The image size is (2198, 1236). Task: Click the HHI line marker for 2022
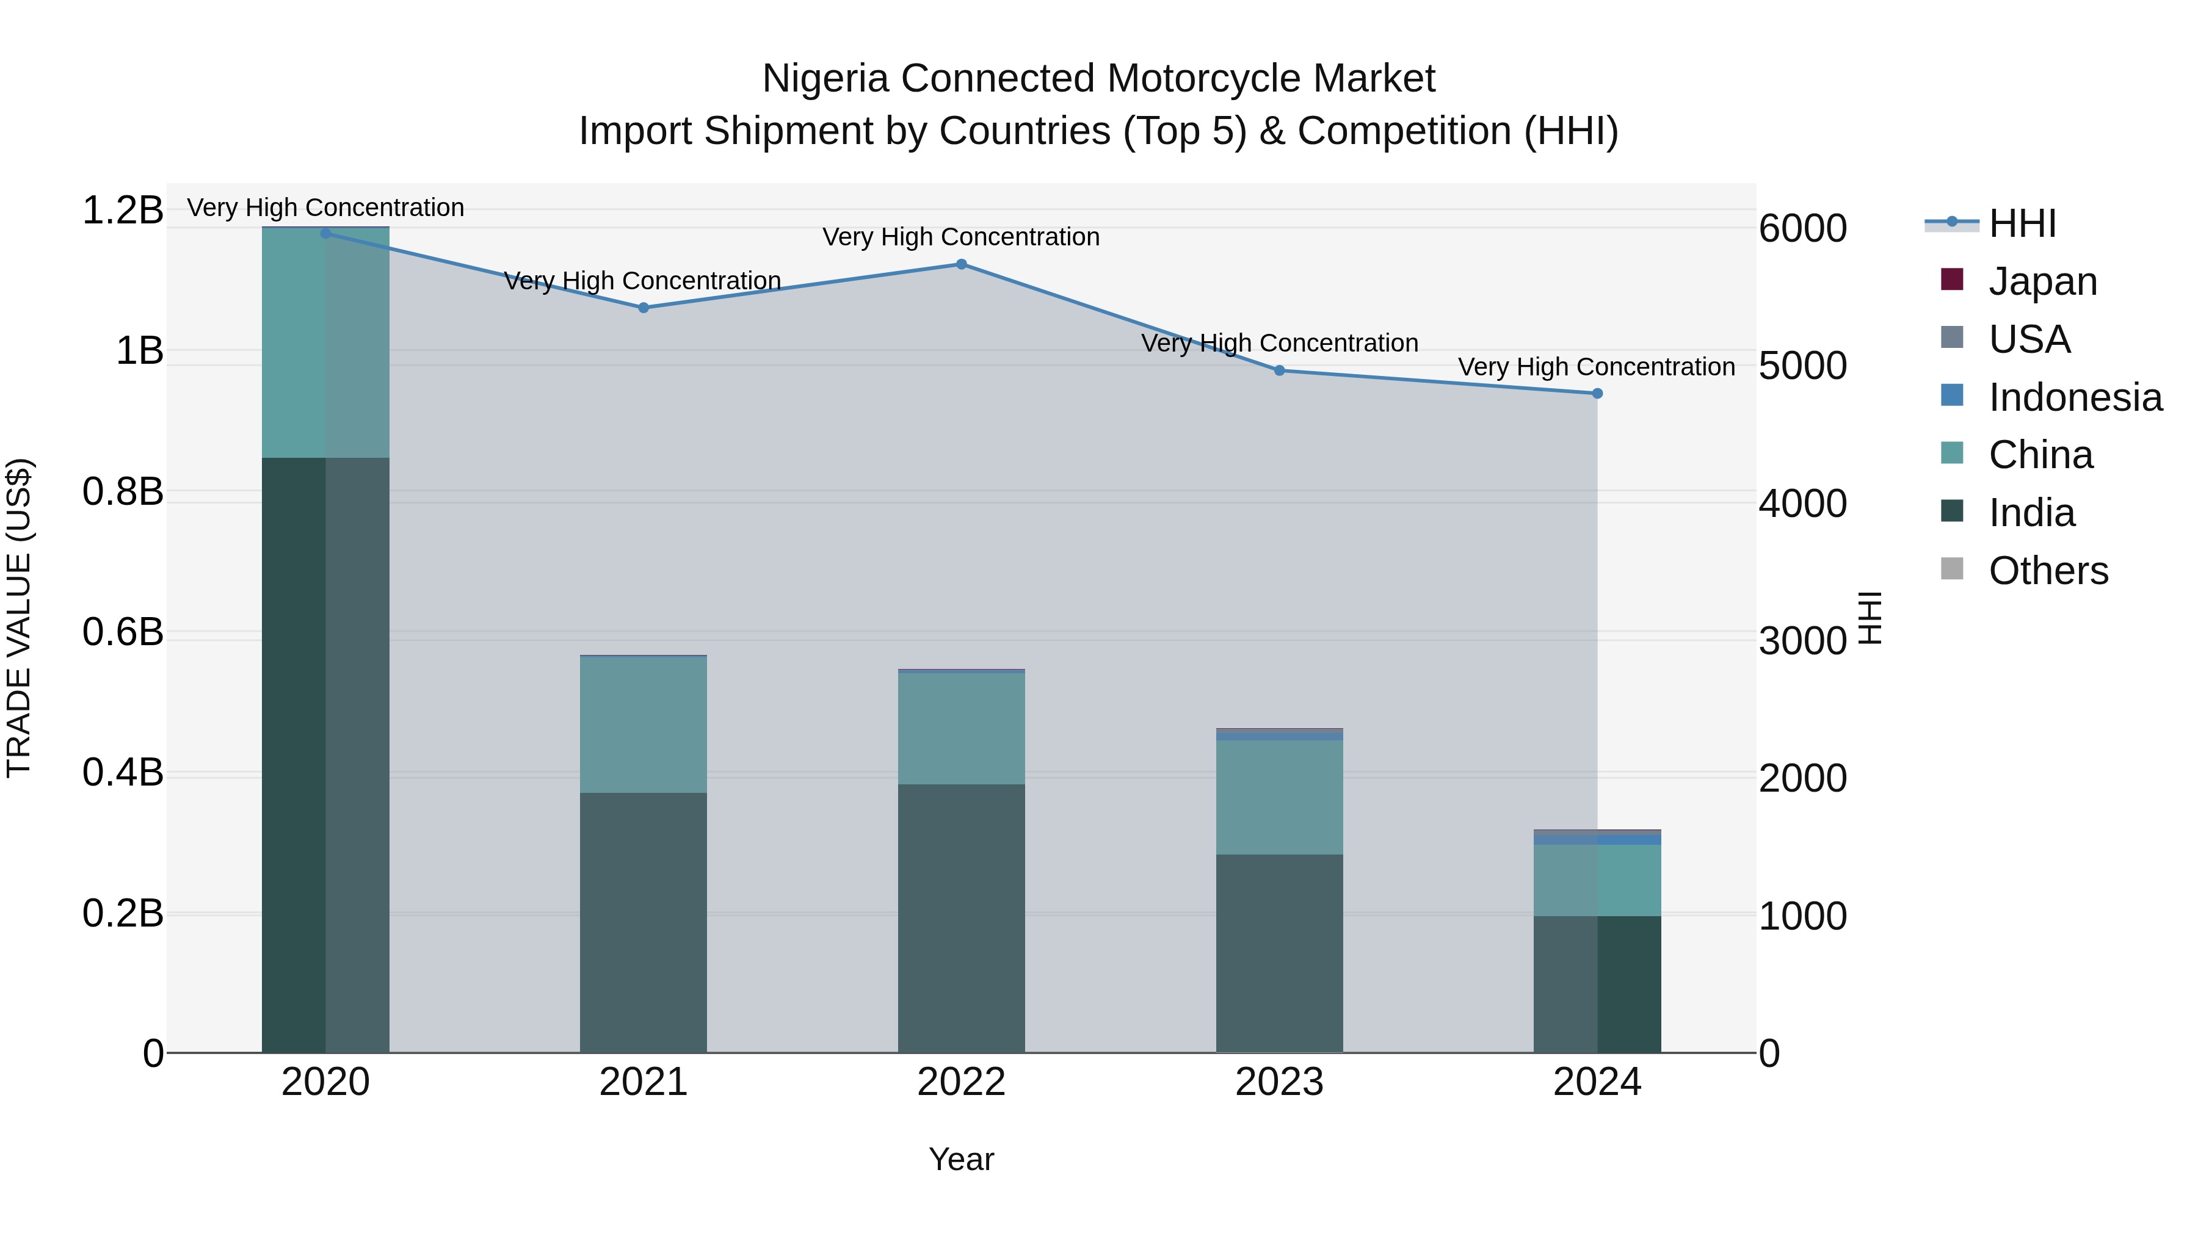click(x=961, y=264)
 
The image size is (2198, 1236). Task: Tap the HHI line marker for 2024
click(x=1597, y=393)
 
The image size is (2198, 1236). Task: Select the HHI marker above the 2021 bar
click(x=644, y=308)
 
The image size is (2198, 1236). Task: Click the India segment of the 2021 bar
click(x=644, y=921)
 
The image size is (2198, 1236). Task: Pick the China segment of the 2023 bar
click(x=1279, y=798)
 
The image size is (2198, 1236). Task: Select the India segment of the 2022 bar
click(x=961, y=917)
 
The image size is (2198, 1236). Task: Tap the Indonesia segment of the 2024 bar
click(x=1597, y=839)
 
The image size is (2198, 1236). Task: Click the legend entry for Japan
click(x=2041, y=281)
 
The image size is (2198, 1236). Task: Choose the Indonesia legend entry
click(x=2073, y=397)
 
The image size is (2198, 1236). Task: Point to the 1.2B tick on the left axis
click(x=122, y=210)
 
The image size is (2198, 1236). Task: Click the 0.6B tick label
click(x=122, y=632)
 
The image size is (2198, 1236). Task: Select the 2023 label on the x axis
click(x=1279, y=1082)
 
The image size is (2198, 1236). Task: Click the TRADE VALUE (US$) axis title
click(x=19, y=618)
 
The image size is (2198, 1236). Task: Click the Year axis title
click(x=961, y=1159)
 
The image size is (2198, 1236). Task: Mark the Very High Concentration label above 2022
click(x=961, y=237)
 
